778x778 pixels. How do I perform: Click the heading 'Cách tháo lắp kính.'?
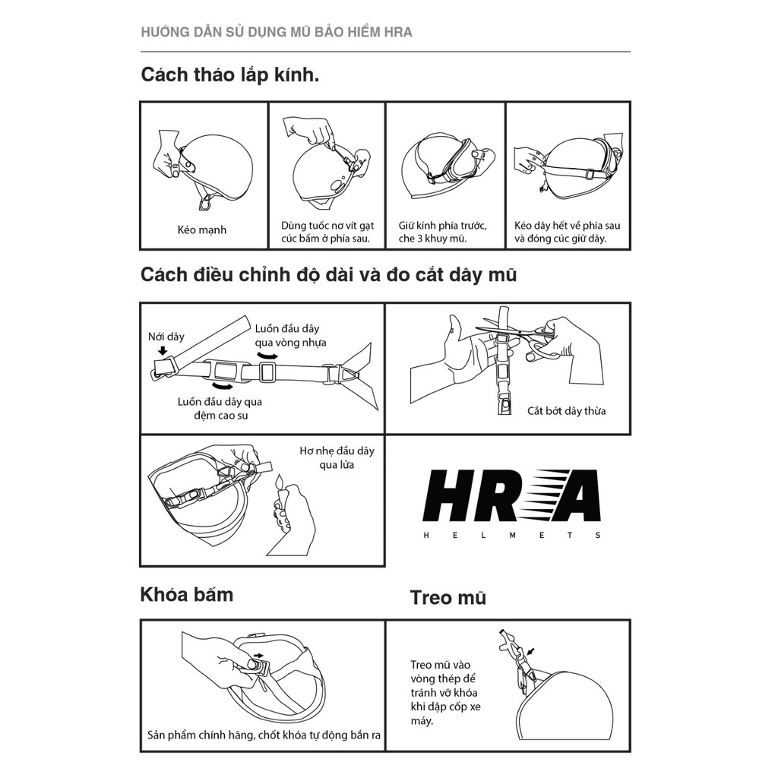coord(229,76)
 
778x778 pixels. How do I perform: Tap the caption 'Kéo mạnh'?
coord(202,229)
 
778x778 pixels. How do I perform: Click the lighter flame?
coord(279,482)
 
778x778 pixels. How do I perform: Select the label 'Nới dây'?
coord(166,336)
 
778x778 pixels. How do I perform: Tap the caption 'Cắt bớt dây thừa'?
coord(567,411)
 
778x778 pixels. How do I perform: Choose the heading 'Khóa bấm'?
coord(186,594)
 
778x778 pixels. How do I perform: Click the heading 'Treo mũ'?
coord(448,597)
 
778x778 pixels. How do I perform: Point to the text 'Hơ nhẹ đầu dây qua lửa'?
coord(337,457)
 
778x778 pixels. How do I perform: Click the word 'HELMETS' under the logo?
coord(512,535)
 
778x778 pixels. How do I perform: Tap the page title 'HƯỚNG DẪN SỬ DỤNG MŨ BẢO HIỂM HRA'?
coord(277,33)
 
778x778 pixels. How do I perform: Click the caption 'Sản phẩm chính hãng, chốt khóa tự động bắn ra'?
coord(264,735)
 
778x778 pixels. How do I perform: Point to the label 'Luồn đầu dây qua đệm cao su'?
coord(220,409)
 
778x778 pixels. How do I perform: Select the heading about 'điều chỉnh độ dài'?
coord(328,274)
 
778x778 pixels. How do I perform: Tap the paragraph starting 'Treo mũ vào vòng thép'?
coord(444,692)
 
